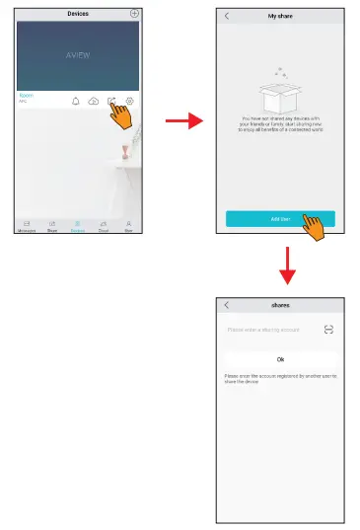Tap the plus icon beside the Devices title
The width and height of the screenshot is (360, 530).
[x=134, y=14]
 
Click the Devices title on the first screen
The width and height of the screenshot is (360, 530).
[x=78, y=14]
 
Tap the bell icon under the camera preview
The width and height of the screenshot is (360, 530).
[x=76, y=102]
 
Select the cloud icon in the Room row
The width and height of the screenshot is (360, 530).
[x=94, y=102]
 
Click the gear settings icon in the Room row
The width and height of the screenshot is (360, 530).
[x=130, y=102]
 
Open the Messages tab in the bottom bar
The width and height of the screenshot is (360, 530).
[x=27, y=226]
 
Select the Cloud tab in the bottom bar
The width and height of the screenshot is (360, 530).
[x=103, y=226]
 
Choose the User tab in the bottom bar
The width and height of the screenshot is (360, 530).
[x=128, y=226]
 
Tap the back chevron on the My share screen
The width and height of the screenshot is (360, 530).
[x=227, y=17]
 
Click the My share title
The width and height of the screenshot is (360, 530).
[x=280, y=17]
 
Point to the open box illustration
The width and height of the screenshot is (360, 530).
[x=280, y=95]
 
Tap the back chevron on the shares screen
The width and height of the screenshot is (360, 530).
[x=227, y=305]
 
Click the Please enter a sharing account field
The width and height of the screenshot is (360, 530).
[x=264, y=330]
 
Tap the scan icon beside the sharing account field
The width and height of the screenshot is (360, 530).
[x=328, y=330]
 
